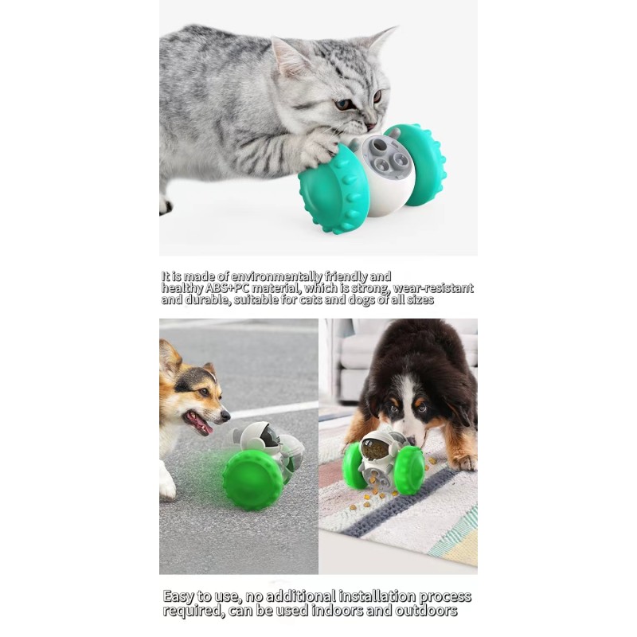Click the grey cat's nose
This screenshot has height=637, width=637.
point(370,125)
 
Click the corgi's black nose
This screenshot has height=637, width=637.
point(225,414)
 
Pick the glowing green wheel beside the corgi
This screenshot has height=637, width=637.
point(252,479)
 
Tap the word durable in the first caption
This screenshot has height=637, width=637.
point(215,300)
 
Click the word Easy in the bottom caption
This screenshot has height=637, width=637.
point(180,596)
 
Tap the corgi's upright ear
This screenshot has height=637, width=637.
point(169,356)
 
